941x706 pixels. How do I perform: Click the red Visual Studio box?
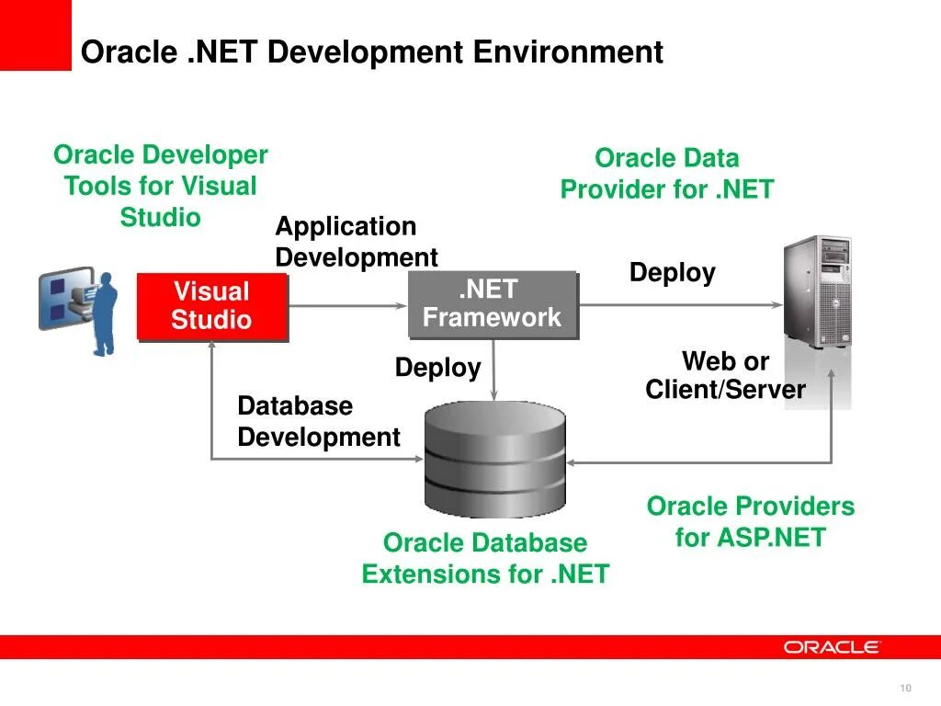[x=211, y=306]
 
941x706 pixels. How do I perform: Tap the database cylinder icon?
[x=494, y=459]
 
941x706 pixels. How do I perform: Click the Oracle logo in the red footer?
[x=832, y=647]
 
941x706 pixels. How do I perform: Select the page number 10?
[x=905, y=689]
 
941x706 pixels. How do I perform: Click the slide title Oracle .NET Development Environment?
[x=371, y=51]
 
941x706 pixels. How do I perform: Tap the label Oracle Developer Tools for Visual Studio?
[x=161, y=186]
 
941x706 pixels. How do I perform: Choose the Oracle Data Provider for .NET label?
[x=667, y=174]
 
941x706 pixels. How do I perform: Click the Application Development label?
[x=356, y=241]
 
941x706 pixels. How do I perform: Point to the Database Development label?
[x=318, y=421]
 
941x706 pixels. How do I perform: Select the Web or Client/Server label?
[x=725, y=375]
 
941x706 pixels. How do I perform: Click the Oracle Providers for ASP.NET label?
[x=750, y=521]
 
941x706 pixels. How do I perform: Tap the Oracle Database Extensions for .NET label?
[x=485, y=558]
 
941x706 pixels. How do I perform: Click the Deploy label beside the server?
[x=672, y=273]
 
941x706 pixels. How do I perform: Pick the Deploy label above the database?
[x=437, y=368]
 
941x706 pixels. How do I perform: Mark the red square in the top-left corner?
[x=35, y=35]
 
